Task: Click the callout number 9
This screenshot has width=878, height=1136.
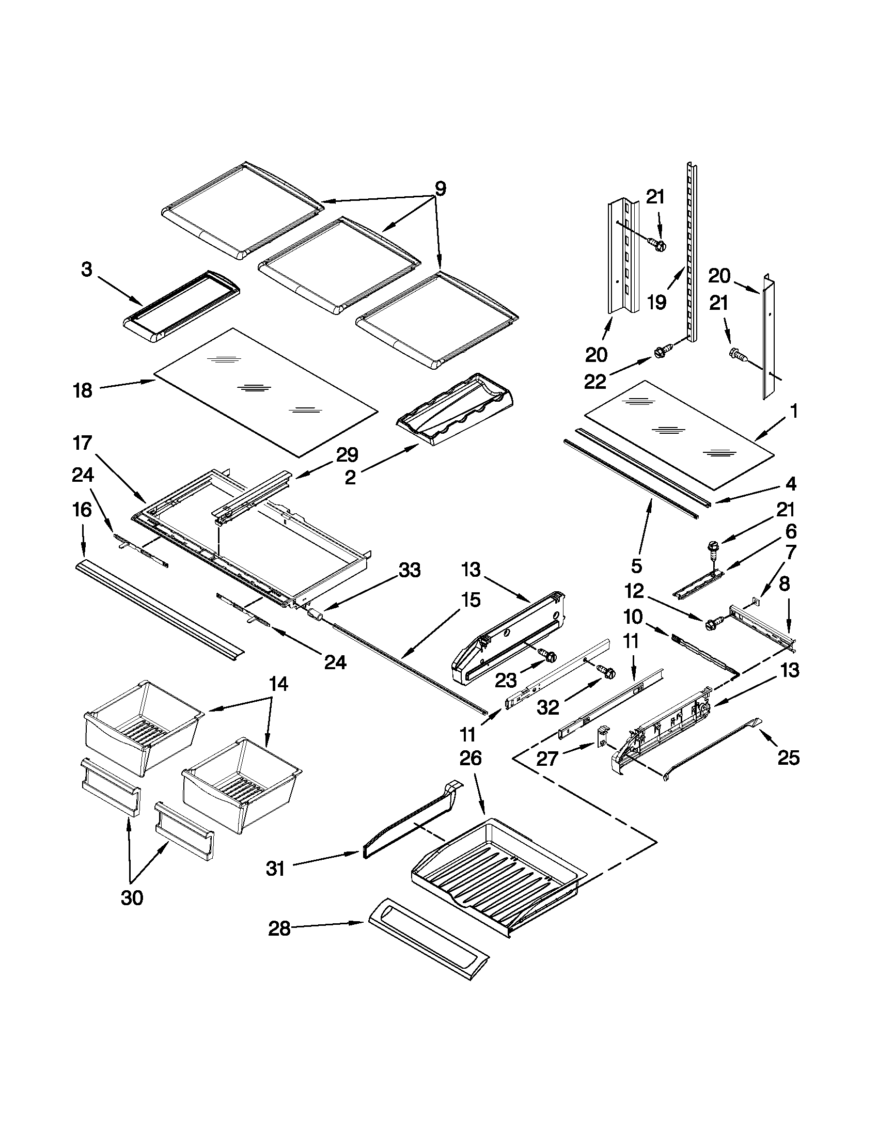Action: click(440, 189)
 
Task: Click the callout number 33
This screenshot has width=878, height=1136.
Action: click(410, 571)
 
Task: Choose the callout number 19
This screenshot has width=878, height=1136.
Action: click(657, 302)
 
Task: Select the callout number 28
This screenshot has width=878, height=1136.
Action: click(279, 928)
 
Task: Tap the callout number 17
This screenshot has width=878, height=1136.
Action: click(83, 444)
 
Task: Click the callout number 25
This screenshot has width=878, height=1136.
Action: click(788, 758)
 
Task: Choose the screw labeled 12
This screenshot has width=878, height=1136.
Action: click(712, 623)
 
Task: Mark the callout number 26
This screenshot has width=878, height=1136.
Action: click(470, 758)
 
